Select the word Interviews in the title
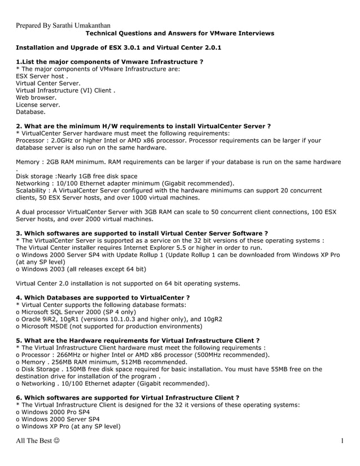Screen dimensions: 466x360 click(253, 33)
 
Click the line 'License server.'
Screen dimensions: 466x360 click(38, 104)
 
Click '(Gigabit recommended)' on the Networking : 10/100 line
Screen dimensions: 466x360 click(198, 183)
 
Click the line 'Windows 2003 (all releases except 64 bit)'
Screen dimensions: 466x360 click(78, 269)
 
